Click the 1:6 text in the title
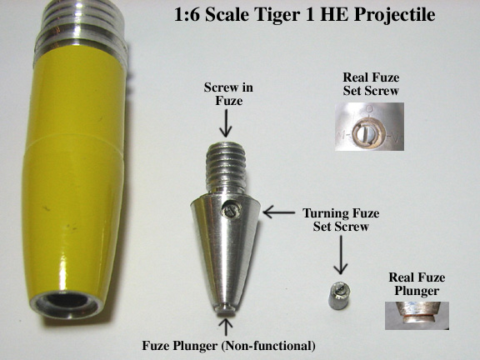click(187, 14)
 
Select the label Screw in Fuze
click(228, 94)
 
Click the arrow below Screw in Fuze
click(226, 123)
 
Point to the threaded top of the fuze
click(226, 167)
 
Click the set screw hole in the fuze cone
click(232, 210)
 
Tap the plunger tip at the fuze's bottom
click(226, 308)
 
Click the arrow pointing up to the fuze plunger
click(226, 327)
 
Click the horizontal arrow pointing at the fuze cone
click(278, 212)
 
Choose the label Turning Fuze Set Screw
click(341, 220)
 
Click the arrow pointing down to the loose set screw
click(340, 255)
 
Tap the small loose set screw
click(339, 295)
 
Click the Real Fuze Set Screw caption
click(371, 84)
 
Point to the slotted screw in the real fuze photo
click(367, 135)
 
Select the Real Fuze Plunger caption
click(417, 284)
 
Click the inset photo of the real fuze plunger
click(417, 316)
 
